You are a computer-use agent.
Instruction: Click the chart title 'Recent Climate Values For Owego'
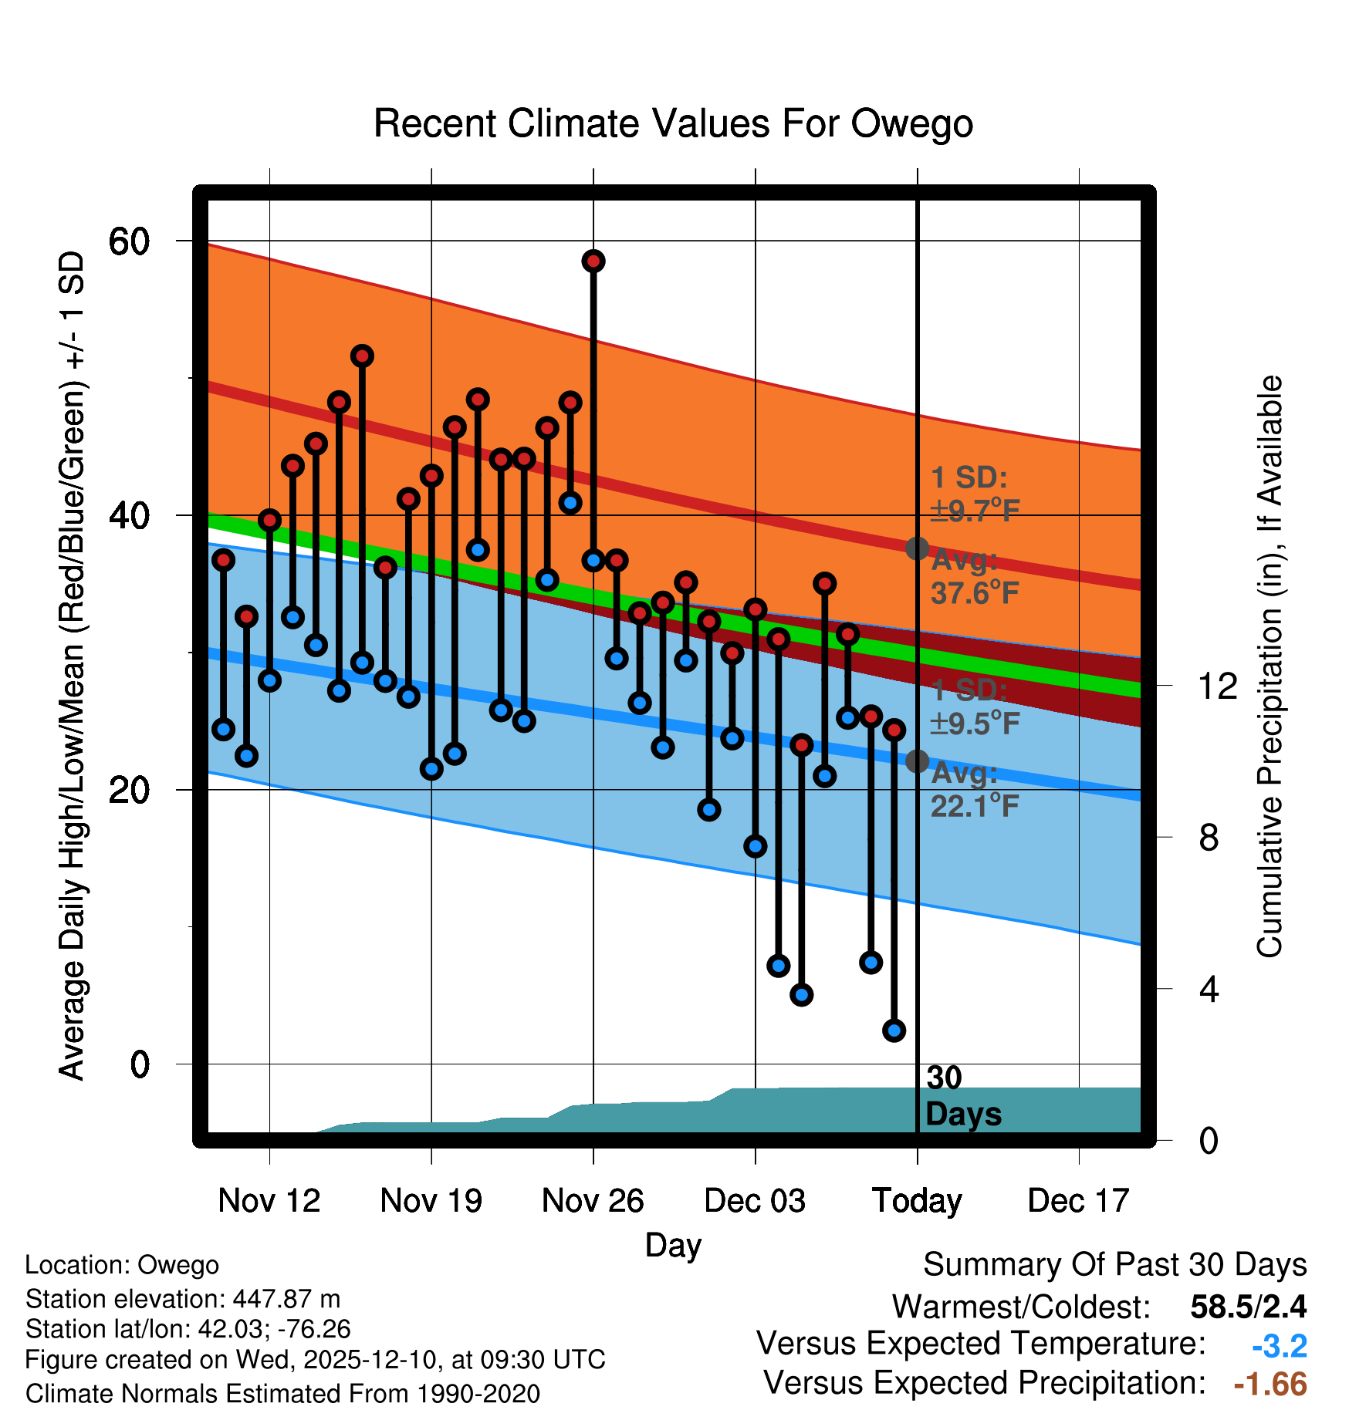673,124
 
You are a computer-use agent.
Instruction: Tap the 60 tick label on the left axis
129,242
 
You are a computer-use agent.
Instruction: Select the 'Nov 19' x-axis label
431,1201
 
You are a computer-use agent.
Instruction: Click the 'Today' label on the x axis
917,1201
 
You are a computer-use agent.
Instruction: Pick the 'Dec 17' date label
1078,1201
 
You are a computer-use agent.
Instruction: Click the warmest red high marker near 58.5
593,261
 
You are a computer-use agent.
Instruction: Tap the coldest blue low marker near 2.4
894,1030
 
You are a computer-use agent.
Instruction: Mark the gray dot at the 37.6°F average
917,548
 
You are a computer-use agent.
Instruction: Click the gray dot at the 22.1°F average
917,761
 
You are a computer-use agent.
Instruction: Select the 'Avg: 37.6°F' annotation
974,577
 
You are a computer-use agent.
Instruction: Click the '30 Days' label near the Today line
962,1096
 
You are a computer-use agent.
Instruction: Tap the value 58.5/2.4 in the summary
1248,1307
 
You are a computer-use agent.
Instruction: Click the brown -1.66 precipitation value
1270,1385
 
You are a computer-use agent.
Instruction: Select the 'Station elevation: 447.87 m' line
183,1299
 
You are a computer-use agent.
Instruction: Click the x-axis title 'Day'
673,1245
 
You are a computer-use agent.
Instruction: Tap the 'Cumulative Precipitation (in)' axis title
1270,666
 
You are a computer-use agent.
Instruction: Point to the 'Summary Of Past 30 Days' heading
1114,1265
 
